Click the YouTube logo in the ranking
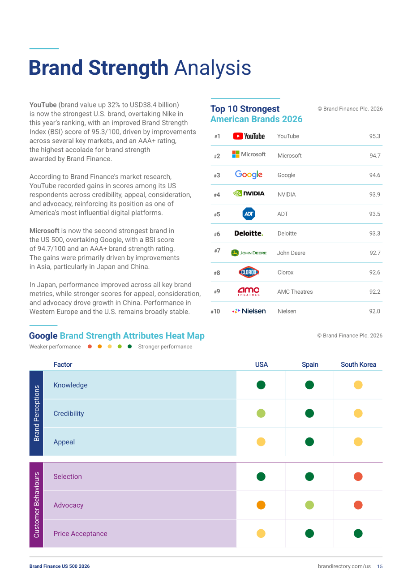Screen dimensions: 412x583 tap(249, 136)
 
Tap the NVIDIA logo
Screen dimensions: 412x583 tap(249, 193)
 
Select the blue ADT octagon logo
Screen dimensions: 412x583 tap(249, 214)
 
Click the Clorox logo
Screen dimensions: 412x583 tap(249, 272)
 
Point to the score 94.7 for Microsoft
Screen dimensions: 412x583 tap(375, 156)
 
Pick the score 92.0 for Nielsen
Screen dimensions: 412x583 tap(374, 311)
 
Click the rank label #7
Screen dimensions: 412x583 tap(217, 251)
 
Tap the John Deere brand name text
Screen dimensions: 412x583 tap(291, 253)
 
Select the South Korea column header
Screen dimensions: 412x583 tap(358, 364)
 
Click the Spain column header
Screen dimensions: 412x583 tap(310, 364)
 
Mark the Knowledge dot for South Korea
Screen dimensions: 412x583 tap(358, 385)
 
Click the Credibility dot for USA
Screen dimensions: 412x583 tap(261, 413)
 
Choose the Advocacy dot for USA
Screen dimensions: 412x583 tap(261, 505)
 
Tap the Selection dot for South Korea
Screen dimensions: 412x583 tap(358, 476)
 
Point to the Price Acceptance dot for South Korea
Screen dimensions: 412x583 tap(358, 534)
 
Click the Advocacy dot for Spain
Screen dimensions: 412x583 tap(309, 505)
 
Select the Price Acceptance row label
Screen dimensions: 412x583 tap(80, 534)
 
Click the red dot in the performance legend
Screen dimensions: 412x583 tap(90, 347)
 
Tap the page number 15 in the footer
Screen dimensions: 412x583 tap(380, 566)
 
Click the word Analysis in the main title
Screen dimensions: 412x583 tap(212, 68)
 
